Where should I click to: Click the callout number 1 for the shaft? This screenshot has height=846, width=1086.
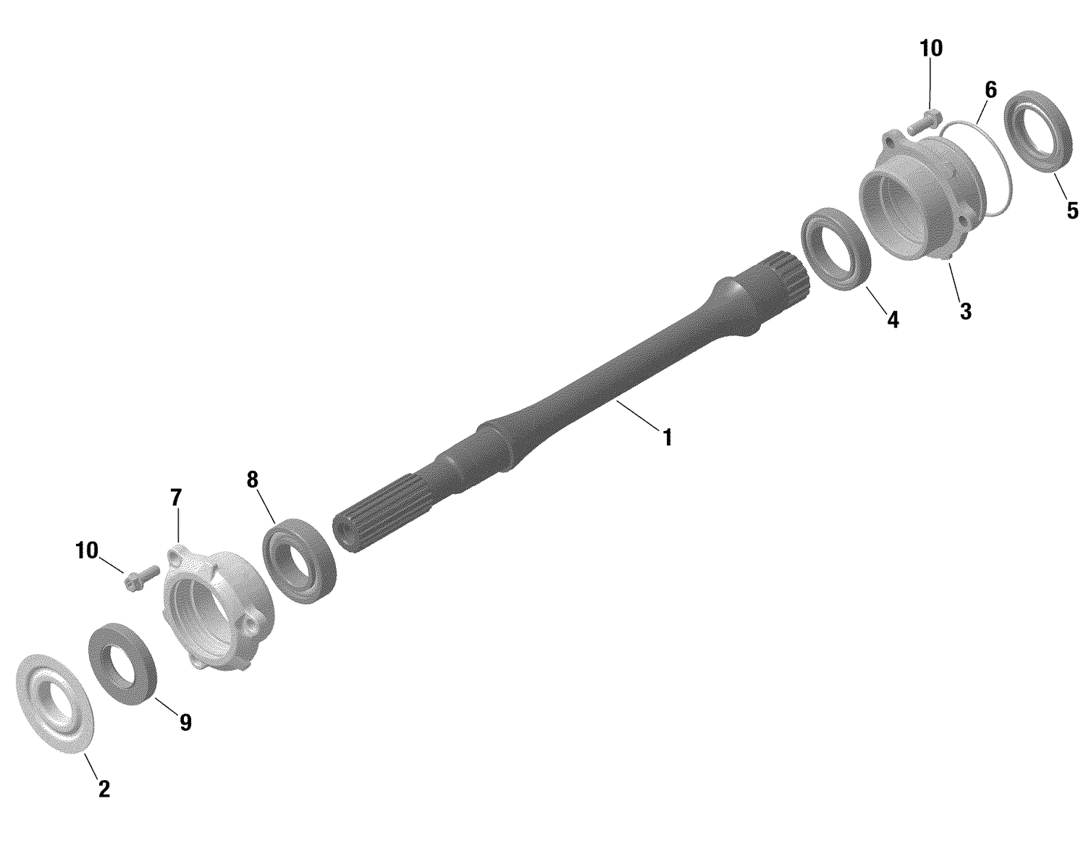(x=667, y=437)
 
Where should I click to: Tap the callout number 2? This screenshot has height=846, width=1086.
(x=104, y=789)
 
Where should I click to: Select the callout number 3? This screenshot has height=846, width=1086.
(x=965, y=311)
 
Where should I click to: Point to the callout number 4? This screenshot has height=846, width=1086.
(x=893, y=319)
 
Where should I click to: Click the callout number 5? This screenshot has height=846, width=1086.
(x=1072, y=211)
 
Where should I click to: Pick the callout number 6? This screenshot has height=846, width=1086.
(x=990, y=91)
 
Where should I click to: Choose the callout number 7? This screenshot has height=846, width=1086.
(x=176, y=498)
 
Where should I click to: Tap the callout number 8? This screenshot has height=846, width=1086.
(x=252, y=479)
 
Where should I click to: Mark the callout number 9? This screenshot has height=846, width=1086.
(x=185, y=722)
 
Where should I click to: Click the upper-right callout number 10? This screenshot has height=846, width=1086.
(x=931, y=49)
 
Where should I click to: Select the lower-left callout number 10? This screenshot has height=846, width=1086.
(x=86, y=551)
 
